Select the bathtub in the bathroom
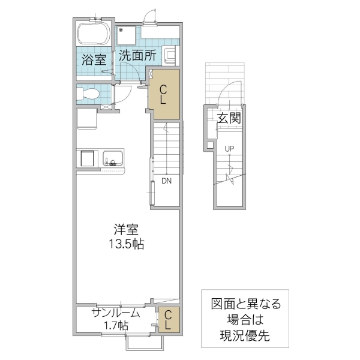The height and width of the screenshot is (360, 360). coord(93,34)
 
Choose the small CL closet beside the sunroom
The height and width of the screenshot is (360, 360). coord(169,319)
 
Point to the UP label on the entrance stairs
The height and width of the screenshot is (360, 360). coord(229,149)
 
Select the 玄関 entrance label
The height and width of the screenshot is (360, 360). coord(229,118)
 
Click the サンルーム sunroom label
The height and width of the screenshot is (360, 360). coord(116,313)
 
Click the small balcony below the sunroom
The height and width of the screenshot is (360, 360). coord(145,341)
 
